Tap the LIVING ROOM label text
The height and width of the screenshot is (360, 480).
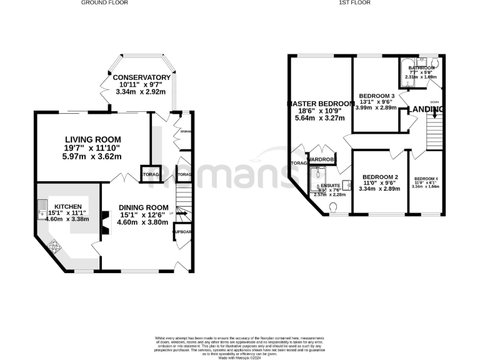pos(94,139)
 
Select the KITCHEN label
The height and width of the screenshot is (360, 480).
pos(67,206)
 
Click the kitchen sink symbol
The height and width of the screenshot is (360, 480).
pos(43,205)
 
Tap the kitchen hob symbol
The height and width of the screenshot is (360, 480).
pos(54,247)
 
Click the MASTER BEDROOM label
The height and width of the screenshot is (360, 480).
pos(320,103)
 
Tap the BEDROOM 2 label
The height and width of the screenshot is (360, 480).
pos(379,177)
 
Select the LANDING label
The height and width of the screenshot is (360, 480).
pos(426,109)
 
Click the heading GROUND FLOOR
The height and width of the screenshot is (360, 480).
pos(104,3)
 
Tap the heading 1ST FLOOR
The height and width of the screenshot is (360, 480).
pos(354,3)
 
